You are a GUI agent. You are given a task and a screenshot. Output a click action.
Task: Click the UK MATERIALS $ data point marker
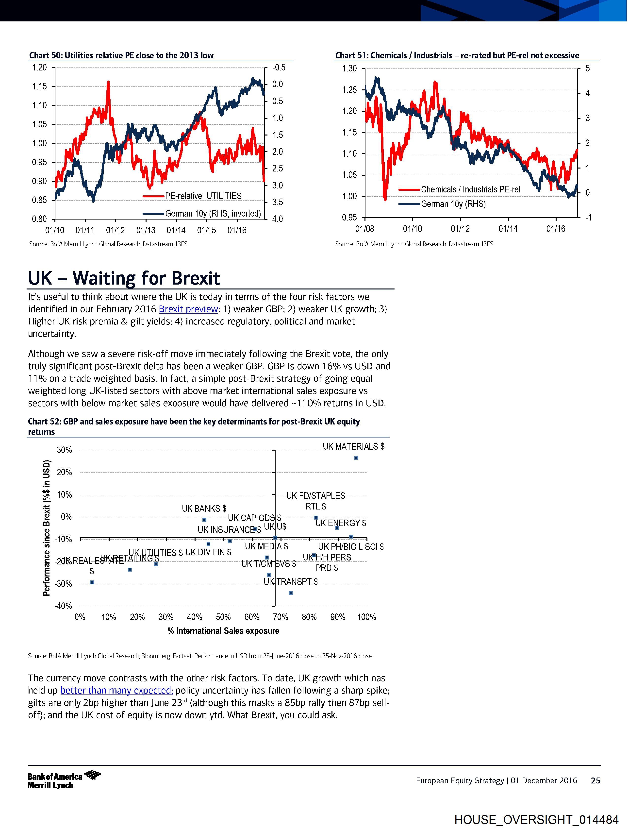click(x=356, y=458)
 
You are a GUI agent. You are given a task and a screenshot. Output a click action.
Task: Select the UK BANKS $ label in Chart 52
click(x=204, y=508)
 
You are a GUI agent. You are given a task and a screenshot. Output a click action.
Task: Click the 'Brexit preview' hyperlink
click(x=188, y=309)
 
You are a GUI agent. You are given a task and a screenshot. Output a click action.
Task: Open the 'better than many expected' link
click(x=116, y=690)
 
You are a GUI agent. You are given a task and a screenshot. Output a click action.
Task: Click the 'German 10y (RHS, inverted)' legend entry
click(x=213, y=214)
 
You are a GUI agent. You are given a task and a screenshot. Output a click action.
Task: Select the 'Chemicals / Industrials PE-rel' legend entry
click(x=470, y=189)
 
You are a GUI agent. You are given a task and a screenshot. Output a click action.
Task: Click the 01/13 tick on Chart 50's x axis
click(x=146, y=230)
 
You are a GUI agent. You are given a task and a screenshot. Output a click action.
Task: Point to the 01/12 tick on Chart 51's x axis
click(x=460, y=229)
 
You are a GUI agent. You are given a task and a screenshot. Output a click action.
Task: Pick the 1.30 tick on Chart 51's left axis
click(x=350, y=69)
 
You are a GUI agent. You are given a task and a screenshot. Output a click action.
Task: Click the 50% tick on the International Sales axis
click(x=223, y=617)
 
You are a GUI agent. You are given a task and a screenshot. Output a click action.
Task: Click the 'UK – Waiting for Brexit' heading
click(x=124, y=278)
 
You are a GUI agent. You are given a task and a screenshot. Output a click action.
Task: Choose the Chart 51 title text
click(x=457, y=55)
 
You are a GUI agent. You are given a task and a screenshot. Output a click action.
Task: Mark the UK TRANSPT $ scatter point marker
click(x=291, y=593)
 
